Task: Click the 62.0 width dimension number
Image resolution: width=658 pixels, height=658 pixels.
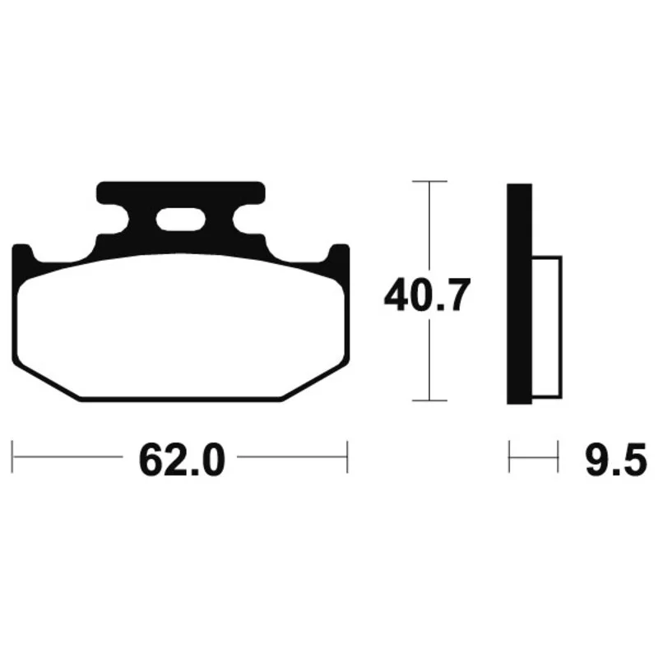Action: click(182, 461)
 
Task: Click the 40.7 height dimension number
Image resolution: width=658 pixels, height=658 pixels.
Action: click(427, 294)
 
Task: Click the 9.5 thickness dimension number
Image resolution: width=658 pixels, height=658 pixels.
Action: click(615, 461)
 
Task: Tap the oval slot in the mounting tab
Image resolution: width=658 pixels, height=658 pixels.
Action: click(180, 219)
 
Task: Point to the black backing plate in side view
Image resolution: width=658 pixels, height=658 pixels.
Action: click(519, 294)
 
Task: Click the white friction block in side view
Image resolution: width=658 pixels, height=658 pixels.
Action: click(547, 327)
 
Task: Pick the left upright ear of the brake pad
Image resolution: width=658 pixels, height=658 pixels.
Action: click(22, 260)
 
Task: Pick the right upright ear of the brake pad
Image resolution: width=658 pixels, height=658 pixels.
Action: click(339, 260)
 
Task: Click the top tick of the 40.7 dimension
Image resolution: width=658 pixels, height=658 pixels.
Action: click(429, 181)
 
